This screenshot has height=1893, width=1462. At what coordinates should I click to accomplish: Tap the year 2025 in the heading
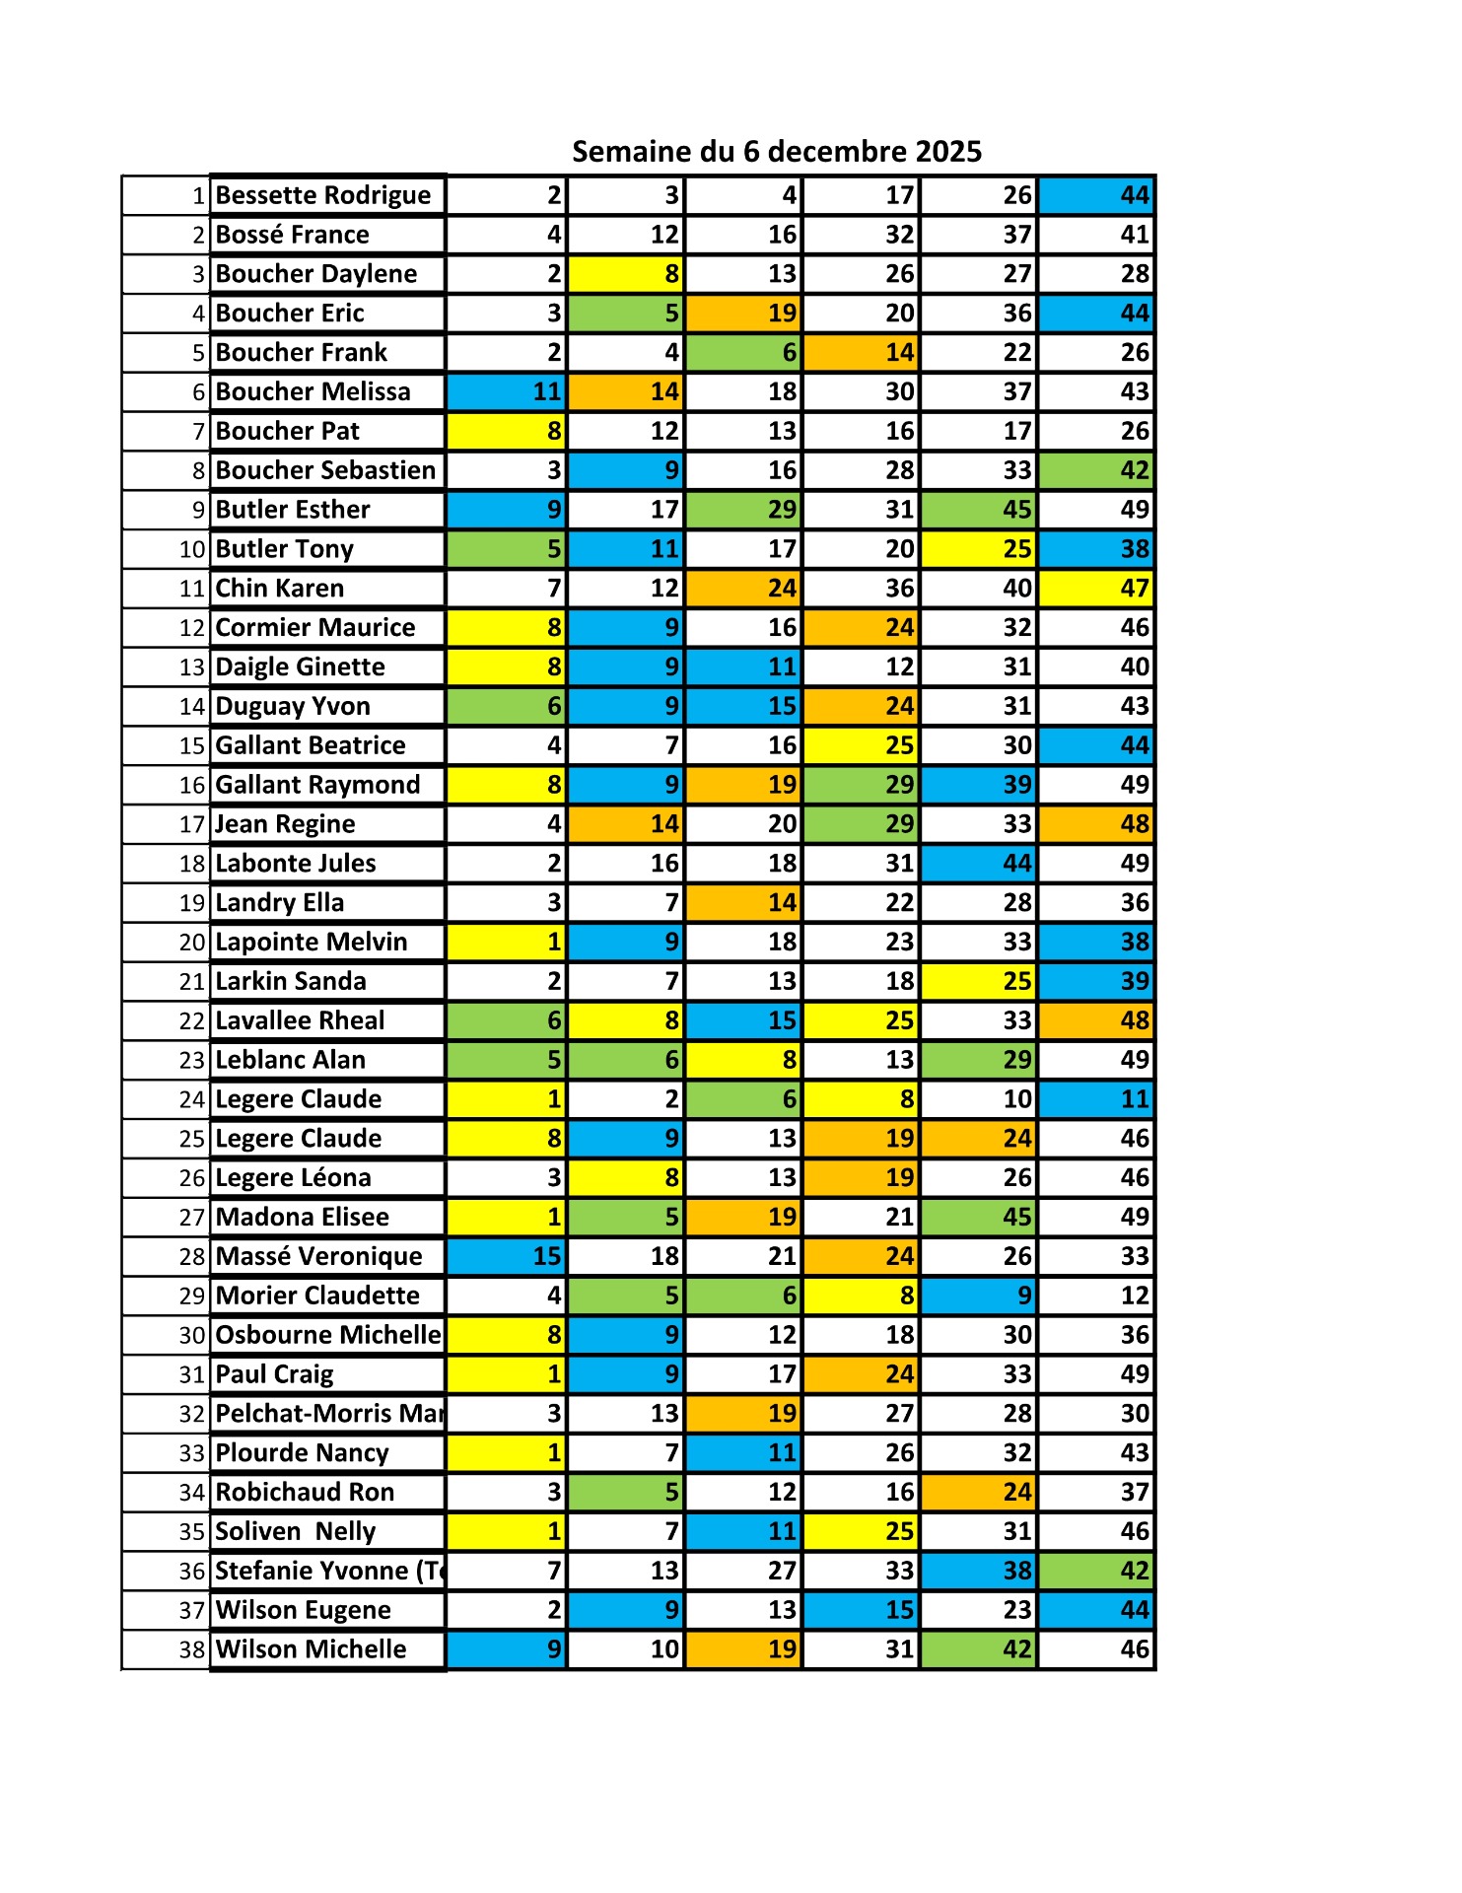pos(948,152)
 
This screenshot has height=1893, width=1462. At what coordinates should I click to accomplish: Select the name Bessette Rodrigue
pos(322,195)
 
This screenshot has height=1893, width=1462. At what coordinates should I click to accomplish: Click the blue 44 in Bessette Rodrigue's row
pos(1135,195)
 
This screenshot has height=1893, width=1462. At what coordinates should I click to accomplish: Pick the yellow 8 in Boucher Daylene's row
pos(670,274)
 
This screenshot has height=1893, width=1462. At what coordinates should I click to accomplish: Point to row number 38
pos(192,1649)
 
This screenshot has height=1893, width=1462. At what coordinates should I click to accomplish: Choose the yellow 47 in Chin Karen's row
pos(1135,589)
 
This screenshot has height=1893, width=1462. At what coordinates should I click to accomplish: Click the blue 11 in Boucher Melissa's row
pos(546,392)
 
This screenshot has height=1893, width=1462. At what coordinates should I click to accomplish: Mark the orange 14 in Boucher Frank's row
pos(899,353)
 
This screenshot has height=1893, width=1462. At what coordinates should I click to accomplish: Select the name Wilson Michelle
pos(311,1649)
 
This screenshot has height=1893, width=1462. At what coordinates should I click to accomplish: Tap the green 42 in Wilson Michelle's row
pos(1016,1649)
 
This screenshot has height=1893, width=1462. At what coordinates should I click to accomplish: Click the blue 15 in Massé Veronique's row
pos(546,1256)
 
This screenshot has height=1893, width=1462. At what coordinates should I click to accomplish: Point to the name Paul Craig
pos(274,1374)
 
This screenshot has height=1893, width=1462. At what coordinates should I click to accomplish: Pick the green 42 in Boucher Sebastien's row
pos(1135,470)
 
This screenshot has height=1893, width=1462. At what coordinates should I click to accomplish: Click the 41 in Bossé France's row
pos(1135,235)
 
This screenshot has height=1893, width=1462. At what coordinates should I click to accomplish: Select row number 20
pos(192,943)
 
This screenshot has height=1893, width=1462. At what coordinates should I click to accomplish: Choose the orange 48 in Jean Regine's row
pos(1135,824)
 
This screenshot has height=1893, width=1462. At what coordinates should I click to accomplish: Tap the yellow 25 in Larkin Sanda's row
pos(1016,982)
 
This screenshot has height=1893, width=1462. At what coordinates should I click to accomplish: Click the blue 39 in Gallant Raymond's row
pos(1016,785)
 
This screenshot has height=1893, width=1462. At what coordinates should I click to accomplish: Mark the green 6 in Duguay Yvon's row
pos(554,706)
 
